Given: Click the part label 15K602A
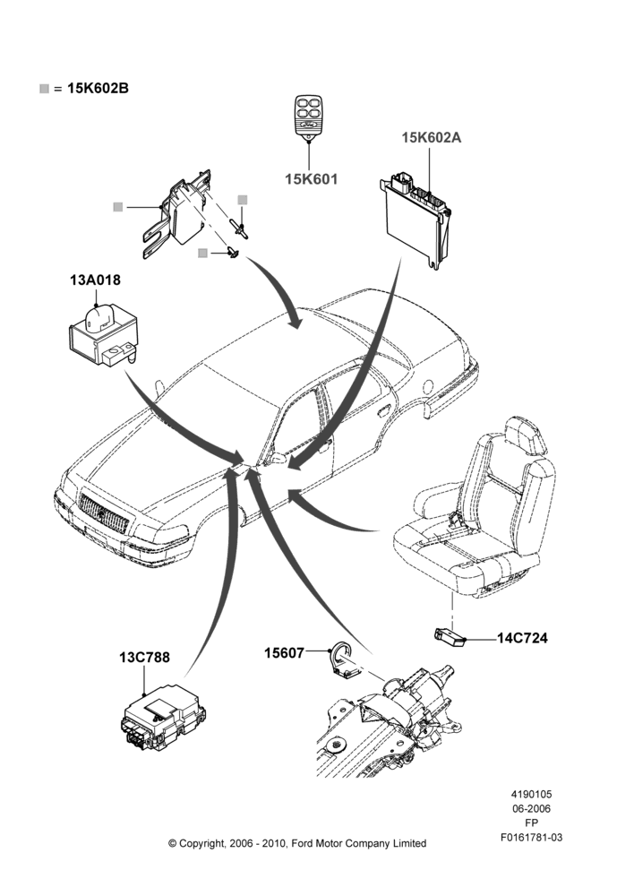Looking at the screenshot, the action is click(x=432, y=138).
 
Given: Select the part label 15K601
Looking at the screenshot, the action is click(x=312, y=179).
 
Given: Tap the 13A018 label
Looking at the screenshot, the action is click(x=96, y=280).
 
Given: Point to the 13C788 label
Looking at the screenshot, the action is click(x=144, y=657).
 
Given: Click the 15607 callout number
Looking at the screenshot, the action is click(x=284, y=652).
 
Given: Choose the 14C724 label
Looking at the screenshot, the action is click(x=522, y=638).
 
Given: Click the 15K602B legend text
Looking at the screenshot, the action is click(x=98, y=89).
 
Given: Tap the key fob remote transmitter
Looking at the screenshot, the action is click(x=308, y=115).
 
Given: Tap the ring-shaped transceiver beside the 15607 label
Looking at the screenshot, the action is click(x=345, y=662).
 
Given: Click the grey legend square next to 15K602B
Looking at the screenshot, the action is click(x=44, y=89).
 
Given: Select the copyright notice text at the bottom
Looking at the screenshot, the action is click(x=297, y=843).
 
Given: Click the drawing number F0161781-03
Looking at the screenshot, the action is click(x=531, y=838).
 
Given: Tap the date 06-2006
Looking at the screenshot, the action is click(x=531, y=808).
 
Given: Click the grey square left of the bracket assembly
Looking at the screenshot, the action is click(x=117, y=207).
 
